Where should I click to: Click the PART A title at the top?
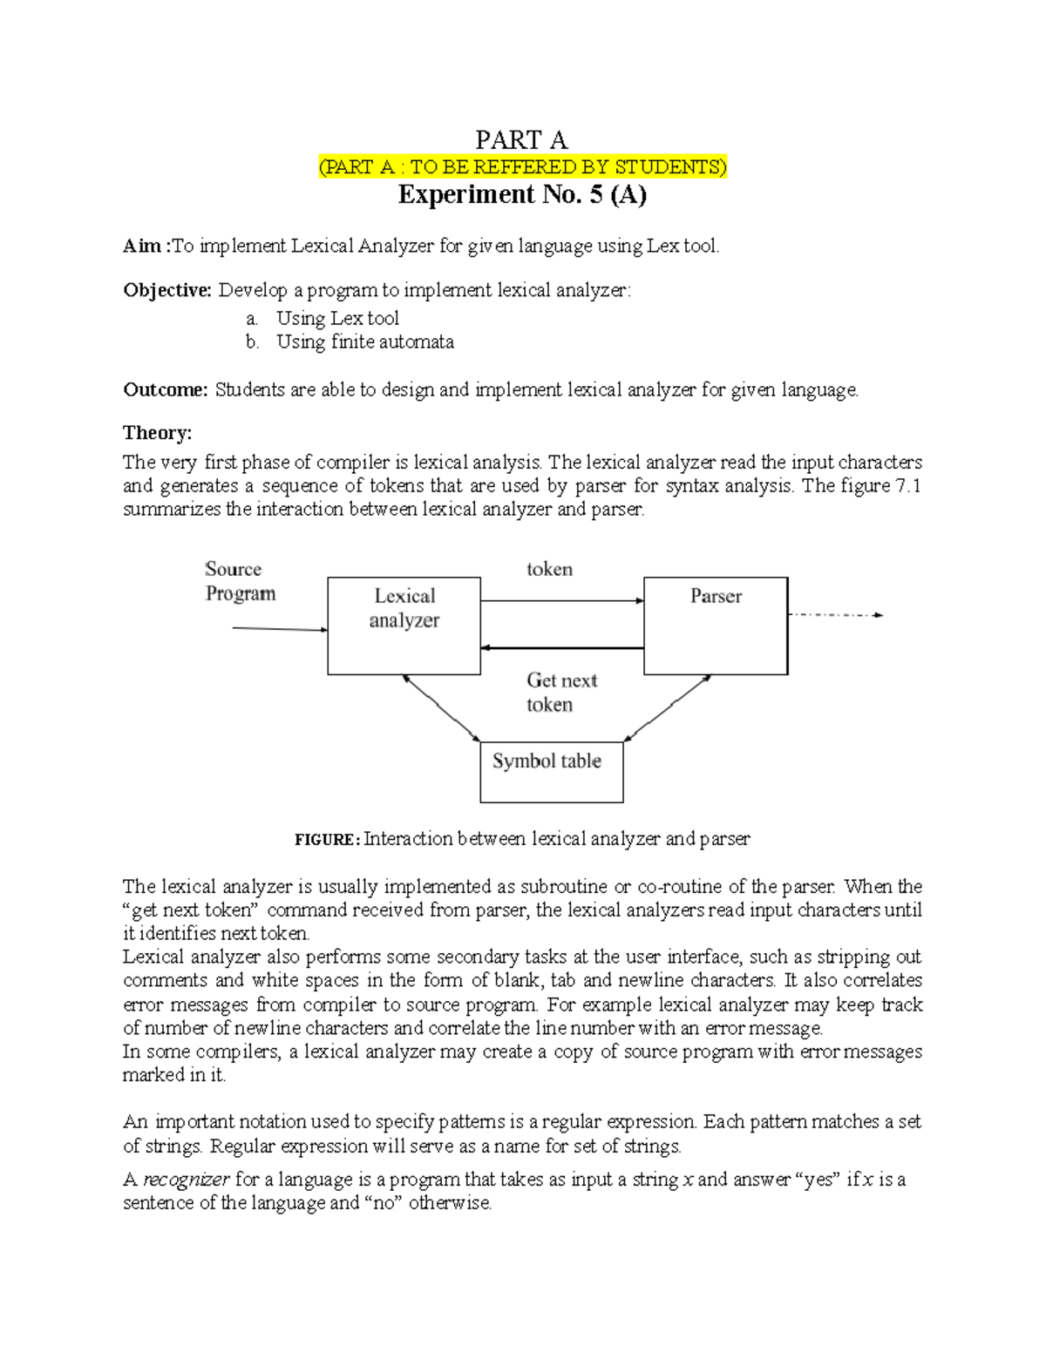521,139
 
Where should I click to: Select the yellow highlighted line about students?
522,167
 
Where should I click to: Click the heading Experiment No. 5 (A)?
522,194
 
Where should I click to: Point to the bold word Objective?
167,290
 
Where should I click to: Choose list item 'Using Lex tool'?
337,318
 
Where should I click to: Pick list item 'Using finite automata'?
364,342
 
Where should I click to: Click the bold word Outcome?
166,389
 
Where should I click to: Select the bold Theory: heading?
157,433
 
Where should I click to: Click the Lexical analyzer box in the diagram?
404,626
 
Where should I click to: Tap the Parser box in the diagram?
716,626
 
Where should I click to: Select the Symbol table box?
551,771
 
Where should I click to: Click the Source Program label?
240,581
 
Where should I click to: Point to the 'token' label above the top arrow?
549,569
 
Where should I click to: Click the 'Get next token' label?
561,692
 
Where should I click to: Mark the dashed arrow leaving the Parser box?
835,615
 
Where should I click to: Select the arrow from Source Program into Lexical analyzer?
279,629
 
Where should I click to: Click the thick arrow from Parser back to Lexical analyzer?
562,648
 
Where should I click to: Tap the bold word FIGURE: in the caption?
327,840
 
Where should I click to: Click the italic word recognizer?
187,1180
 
